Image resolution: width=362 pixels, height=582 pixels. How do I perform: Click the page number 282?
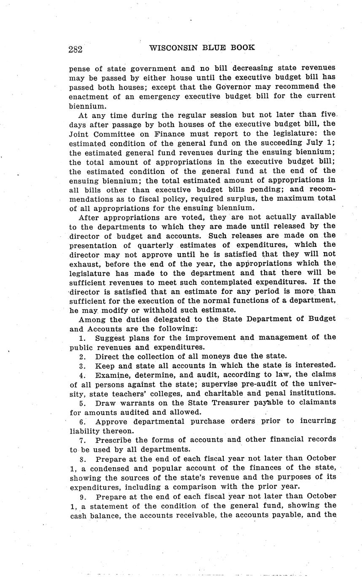tap(75, 49)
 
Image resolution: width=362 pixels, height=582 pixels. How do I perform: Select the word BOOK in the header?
tap(242, 48)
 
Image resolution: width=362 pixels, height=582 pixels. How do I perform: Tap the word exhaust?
tap(83, 264)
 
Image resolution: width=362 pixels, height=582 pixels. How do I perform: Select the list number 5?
tap(82, 403)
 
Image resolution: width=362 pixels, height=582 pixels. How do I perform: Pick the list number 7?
tap(82, 440)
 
